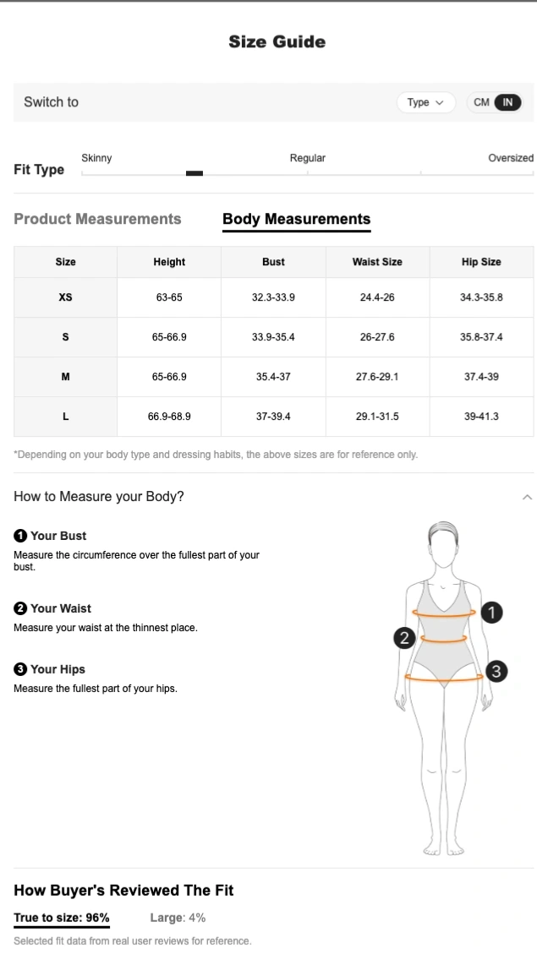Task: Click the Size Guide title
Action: click(x=277, y=41)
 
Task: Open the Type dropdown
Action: click(x=425, y=102)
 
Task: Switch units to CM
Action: click(x=481, y=102)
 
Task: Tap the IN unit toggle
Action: click(x=507, y=102)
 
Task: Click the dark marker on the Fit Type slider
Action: click(x=195, y=173)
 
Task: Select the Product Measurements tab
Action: click(x=97, y=219)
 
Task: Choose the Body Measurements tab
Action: click(x=297, y=219)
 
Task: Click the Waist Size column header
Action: click(x=377, y=262)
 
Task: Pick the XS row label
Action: click(x=65, y=297)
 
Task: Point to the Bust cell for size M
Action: click(x=273, y=377)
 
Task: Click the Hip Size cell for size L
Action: click(x=481, y=416)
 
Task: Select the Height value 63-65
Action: click(x=169, y=297)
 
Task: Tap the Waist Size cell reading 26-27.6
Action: click(x=377, y=337)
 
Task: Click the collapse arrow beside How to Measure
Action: click(x=527, y=497)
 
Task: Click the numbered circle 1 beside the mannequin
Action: click(x=492, y=612)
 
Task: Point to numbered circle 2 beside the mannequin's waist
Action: click(x=404, y=638)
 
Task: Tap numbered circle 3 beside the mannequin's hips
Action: click(x=496, y=671)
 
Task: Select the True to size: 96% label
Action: click(x=62, y=918)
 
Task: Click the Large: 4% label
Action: click(x=178, y=918)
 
